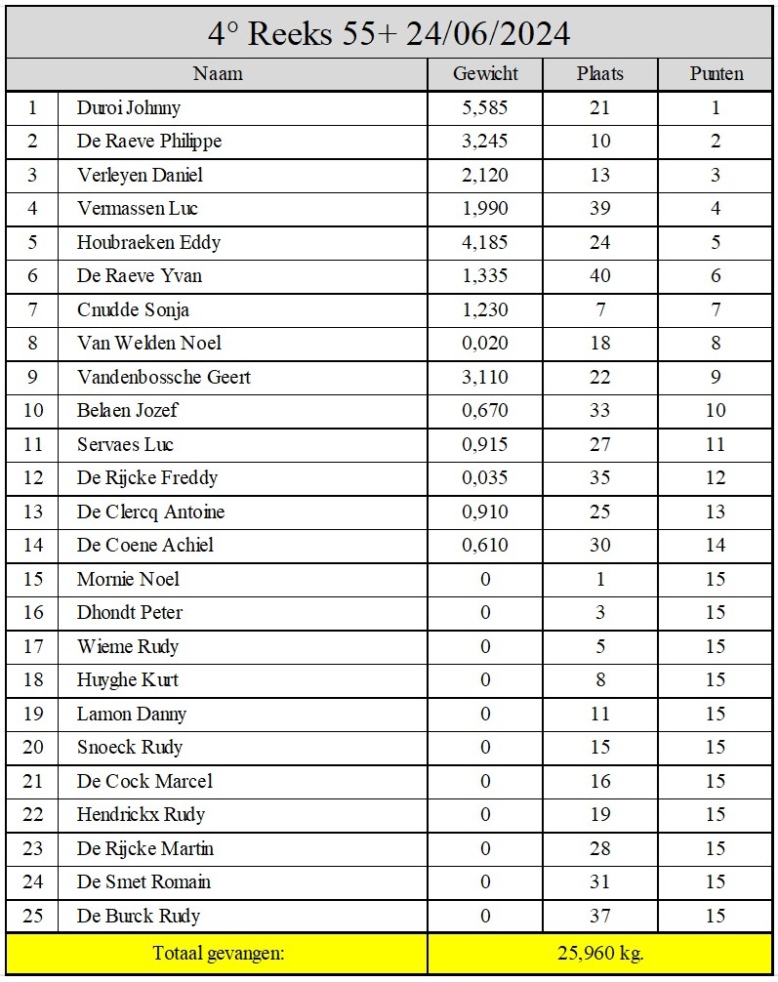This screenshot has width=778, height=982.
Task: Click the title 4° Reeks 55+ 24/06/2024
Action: (x=389, y=34)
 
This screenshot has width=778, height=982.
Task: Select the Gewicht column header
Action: (x=485, y=74)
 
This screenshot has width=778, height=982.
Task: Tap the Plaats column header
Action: (x=599, y=74)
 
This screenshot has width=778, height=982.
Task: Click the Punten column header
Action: (x=716, y=74)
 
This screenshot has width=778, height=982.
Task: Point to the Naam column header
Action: (x=217, y=74)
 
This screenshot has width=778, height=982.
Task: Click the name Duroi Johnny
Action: (x=129, y=108)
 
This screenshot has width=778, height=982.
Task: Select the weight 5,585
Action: (x=485, y=108)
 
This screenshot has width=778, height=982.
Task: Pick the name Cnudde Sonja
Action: (x=133, y=310)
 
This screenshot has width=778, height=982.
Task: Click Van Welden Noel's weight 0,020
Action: (x=485, y=344)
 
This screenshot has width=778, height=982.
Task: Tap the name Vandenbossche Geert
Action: (x=163, y=378)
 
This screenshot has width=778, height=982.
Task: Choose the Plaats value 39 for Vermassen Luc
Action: (x=599, y=209)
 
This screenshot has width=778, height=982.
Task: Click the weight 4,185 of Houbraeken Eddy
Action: (x=485, y=243)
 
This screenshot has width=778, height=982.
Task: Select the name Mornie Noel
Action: (x=128, y=580)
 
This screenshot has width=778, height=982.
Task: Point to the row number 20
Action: (x=33, y=748)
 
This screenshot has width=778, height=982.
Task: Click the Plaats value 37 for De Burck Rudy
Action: (x=599, y=917)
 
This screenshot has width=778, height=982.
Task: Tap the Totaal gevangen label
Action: (x=217, y=953)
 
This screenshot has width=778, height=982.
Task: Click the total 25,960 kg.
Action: (x=599, y=953)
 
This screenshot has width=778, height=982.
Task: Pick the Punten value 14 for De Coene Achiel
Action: (x=716, y=546)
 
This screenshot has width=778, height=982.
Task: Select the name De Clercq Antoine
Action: (x=150, y=512)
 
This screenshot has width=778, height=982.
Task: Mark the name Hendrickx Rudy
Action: (x=141, y=815)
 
